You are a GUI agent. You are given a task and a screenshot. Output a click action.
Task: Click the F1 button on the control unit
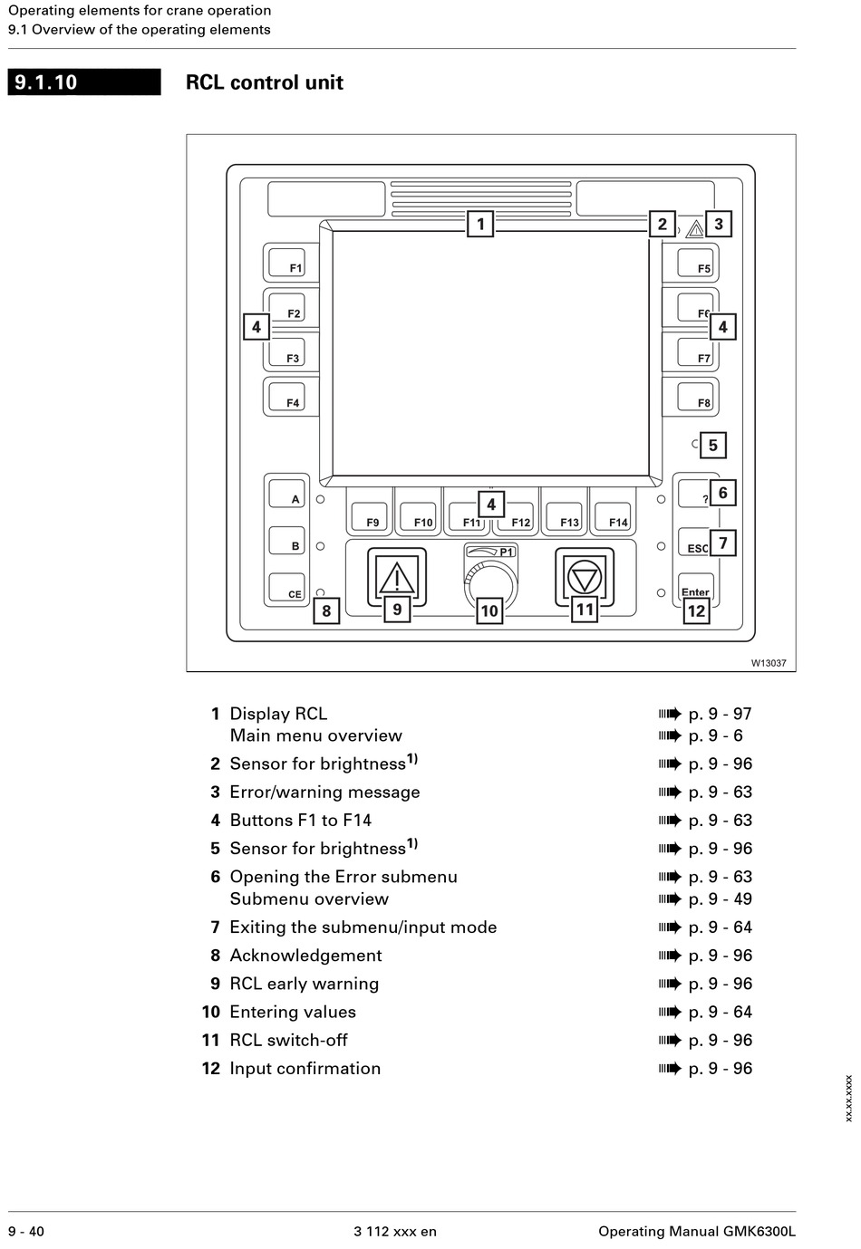coord(286,262)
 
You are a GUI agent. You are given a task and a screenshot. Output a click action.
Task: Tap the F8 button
coord(695,397)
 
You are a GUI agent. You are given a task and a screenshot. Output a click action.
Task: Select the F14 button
coord(612,516)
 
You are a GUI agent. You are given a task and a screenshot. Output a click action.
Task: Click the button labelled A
coord(286,493)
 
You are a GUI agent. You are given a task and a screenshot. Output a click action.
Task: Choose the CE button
coord(286,587)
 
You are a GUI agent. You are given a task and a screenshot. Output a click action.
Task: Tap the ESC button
coord(695,542)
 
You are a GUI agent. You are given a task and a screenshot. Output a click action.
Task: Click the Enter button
coord(695,587)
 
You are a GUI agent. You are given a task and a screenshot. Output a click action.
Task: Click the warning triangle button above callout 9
coord(397,577)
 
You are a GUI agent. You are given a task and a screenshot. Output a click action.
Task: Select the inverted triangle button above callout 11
coord(585,577)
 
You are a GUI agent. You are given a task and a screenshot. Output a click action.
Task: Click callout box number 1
coord(479,224)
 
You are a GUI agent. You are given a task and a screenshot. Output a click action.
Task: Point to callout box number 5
coord(712,445)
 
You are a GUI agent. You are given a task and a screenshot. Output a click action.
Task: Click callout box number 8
coord(326,610)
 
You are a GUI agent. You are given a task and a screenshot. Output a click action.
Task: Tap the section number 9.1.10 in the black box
coord(45,82)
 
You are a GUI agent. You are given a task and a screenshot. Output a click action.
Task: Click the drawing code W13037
coord(768,663)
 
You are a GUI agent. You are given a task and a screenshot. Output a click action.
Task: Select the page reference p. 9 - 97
coord(720,714)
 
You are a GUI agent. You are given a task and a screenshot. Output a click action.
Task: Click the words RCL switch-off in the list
coord(288,1040)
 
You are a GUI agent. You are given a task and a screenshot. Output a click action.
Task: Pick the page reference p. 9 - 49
coord(720,898)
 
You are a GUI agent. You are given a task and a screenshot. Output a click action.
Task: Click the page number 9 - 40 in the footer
coord(26,1231)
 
